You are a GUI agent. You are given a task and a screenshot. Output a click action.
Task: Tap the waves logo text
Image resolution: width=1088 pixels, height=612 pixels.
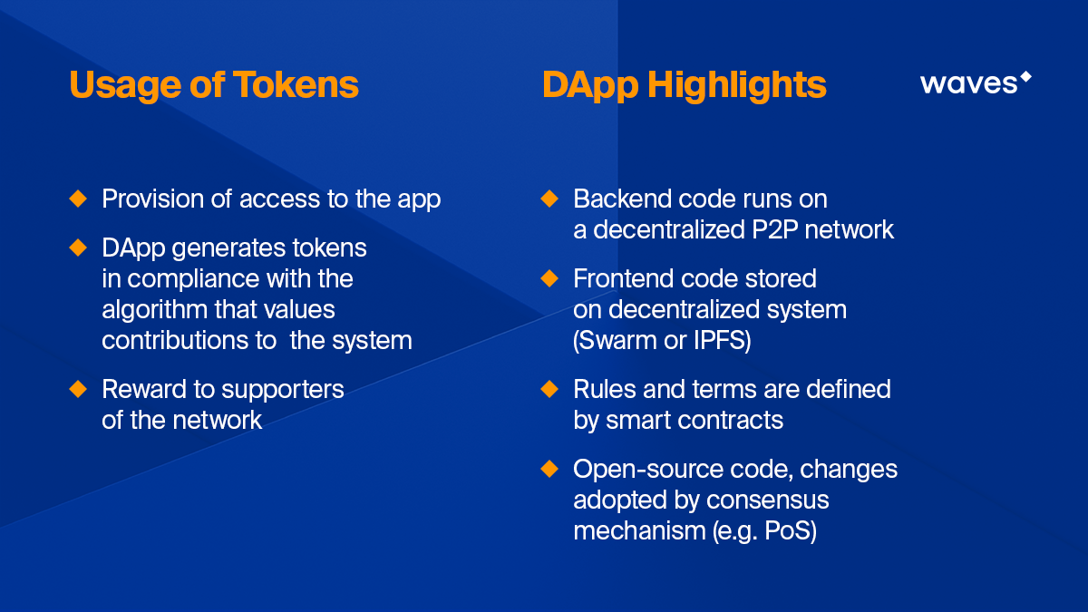coord(968,83)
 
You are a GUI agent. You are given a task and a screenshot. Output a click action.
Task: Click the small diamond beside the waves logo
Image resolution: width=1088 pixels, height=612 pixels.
coord(1025,77)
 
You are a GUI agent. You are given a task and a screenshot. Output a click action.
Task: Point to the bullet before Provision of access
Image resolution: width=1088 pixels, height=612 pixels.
coord(78,199)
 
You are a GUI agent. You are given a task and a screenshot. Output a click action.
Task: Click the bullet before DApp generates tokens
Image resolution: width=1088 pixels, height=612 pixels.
coord(78,248)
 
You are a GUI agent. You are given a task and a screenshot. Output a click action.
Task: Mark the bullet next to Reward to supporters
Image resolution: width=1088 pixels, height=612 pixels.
coord(78,389)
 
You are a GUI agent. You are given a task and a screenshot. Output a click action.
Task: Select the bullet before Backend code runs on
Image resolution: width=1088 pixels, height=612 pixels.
coord(549,199)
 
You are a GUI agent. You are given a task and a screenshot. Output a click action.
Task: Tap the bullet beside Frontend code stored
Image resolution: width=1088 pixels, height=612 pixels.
coord(549,278)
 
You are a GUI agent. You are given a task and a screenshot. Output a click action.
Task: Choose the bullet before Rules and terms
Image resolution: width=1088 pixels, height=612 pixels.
coord(549,389)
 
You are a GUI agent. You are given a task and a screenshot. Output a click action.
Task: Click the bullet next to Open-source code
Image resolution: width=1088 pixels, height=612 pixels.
coord(549,469)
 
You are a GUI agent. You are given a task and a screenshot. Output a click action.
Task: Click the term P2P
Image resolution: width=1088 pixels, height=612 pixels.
coord(774,229)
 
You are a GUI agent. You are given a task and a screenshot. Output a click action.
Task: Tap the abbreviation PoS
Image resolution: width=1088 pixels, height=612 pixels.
coord(791,530)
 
